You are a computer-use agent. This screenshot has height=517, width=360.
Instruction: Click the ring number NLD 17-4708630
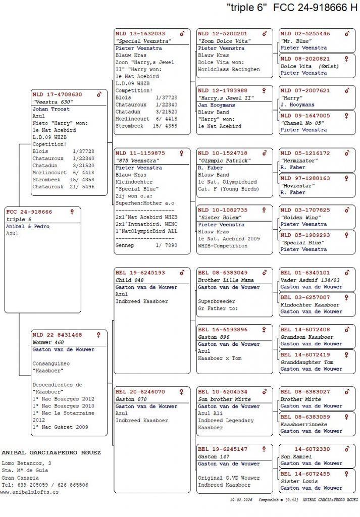[57, 94]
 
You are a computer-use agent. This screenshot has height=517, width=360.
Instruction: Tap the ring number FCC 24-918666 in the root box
[29, 212]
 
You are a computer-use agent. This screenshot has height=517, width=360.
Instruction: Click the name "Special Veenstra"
[143, 41]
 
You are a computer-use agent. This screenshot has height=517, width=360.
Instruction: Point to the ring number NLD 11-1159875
[140, 153]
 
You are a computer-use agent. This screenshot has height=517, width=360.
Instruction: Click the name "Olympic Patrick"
[224, 161]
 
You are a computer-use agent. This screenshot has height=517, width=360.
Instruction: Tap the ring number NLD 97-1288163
[305, 178]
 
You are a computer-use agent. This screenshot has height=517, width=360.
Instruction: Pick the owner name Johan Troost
[52, 109]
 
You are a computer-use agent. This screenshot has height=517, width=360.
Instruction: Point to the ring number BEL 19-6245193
[140, 273]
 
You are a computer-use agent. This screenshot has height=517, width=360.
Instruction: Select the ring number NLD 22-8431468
[57, 335]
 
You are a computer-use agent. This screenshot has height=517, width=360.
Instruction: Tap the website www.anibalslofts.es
[29, 492]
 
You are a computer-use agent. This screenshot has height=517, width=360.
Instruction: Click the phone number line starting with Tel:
[44, 485]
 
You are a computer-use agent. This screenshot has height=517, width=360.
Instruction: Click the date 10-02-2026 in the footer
[241, 500]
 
